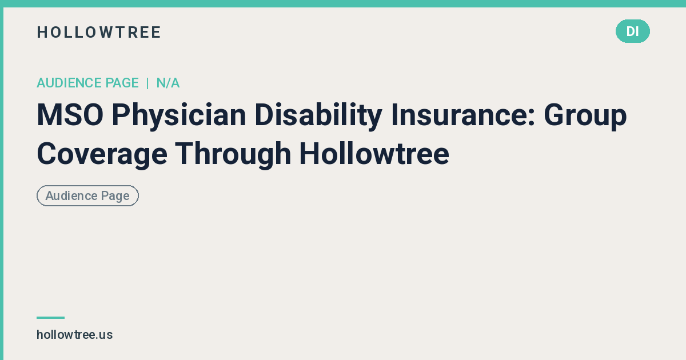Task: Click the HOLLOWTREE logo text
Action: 99,32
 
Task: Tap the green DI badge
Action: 632,31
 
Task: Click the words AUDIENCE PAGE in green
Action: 87,83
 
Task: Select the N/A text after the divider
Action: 168,83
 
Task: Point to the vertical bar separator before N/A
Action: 147,83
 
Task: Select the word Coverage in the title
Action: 102,153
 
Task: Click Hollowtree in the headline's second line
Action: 374,153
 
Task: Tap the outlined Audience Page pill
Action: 87,195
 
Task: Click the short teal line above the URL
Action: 50,317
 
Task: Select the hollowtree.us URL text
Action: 74,335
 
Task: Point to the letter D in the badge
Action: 629,31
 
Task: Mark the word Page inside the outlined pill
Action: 115,195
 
